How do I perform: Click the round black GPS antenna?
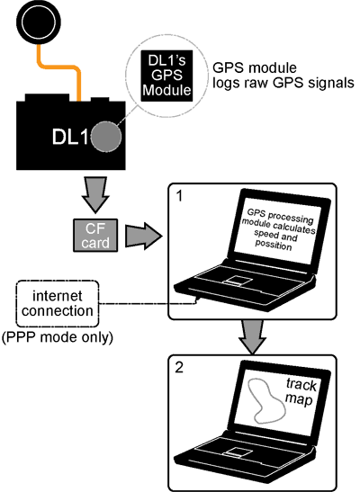39,22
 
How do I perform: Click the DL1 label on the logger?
70,137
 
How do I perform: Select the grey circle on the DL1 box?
106,137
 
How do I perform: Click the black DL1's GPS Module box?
166,76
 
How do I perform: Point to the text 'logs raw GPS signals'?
283,83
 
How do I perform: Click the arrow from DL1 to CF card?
95,194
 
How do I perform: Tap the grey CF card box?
95,236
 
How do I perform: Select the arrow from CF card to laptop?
144,236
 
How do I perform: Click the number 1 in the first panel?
179,196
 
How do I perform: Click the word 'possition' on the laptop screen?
274,245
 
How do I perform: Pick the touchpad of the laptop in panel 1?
238,281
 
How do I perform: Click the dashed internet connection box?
58,304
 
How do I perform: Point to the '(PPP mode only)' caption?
58,337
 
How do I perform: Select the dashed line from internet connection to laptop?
148,303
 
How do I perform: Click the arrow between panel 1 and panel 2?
252,336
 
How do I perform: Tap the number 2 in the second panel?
179,368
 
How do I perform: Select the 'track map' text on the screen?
301,392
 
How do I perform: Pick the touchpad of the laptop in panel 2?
238,452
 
